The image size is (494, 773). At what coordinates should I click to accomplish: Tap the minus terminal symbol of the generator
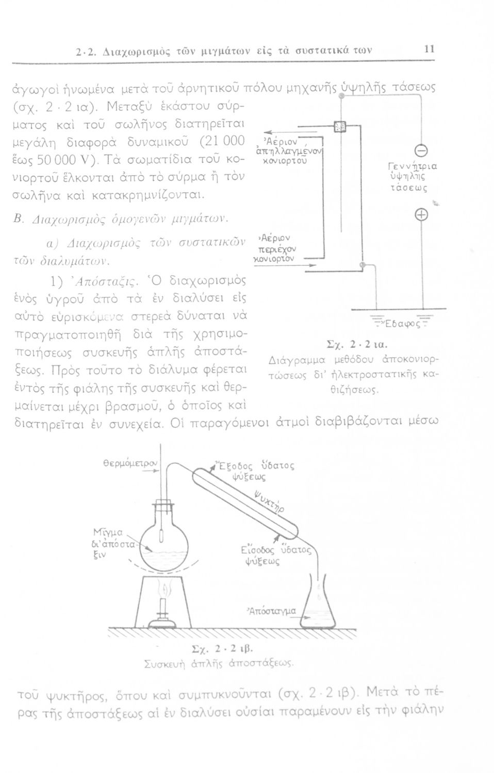422,150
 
